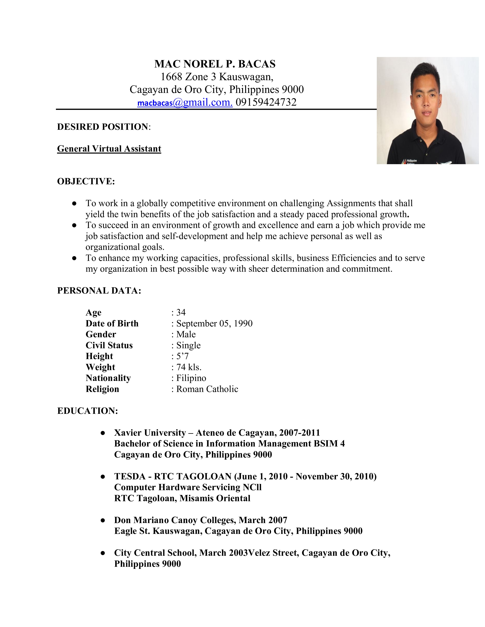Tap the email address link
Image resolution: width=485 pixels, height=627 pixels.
185,102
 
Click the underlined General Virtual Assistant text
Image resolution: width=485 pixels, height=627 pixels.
109,149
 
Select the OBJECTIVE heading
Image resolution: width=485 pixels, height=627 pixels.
86,181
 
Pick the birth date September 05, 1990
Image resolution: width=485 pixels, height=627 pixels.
214,324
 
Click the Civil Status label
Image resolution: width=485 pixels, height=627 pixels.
109,345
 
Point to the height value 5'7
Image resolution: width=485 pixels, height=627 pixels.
182,356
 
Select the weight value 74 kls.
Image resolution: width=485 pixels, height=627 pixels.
189,367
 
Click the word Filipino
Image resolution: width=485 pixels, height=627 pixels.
191,378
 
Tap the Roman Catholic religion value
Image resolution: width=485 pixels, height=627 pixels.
207,389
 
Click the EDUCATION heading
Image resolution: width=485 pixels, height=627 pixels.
88,411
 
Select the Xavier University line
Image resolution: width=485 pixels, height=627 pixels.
217,433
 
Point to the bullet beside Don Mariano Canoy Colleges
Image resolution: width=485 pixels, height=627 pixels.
103,520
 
